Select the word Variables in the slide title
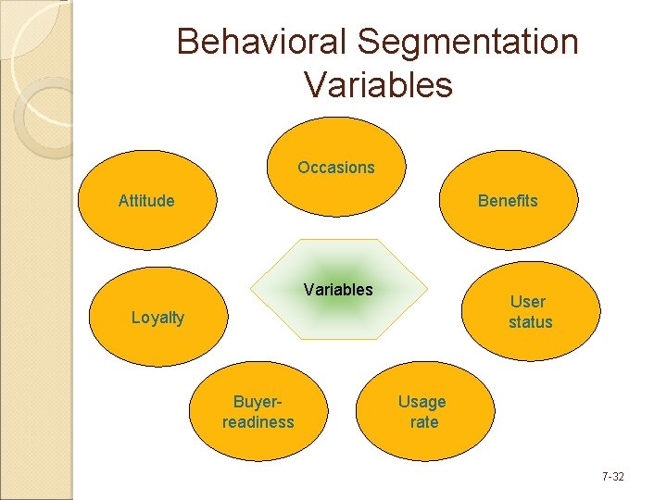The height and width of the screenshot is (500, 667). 377,85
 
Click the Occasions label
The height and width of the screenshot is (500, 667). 336,168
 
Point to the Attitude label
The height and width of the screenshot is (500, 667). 146,200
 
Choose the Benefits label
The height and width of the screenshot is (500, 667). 507,201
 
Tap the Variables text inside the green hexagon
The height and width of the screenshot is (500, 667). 338,290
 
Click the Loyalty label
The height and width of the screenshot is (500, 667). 157,318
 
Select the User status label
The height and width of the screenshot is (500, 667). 530,312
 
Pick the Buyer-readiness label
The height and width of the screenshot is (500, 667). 258,412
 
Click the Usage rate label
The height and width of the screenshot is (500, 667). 422,412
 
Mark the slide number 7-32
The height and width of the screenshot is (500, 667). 612,477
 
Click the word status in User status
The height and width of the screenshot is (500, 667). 530,322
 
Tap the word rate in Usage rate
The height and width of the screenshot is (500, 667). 424,422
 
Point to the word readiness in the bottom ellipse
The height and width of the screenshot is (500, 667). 258,422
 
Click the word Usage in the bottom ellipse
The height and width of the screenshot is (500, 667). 422,402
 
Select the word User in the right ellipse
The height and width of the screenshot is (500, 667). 528,302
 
